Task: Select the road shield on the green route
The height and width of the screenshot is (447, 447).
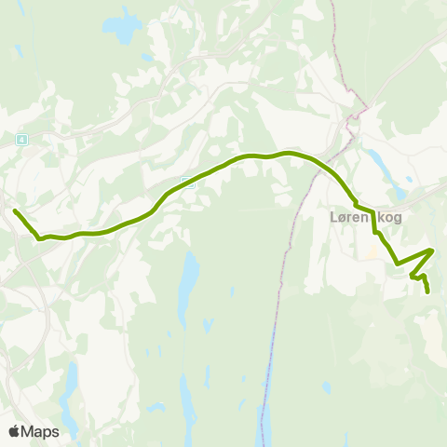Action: (x=189, y=183)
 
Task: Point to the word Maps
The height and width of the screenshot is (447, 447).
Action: (x=41, y=431)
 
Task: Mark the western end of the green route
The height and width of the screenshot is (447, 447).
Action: (x=15, y=210)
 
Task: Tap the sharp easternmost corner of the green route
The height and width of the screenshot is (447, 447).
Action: (x=433, y=250)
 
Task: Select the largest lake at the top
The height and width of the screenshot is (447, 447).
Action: (x=122, y=29)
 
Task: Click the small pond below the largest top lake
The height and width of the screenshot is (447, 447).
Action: (x=146, y=57)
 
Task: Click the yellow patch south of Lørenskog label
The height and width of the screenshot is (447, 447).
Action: (x=374, y=249)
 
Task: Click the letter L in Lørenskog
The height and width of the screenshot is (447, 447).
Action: (x=334, y=218)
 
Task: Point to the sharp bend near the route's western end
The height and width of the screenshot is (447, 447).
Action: (x=39, y=237)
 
